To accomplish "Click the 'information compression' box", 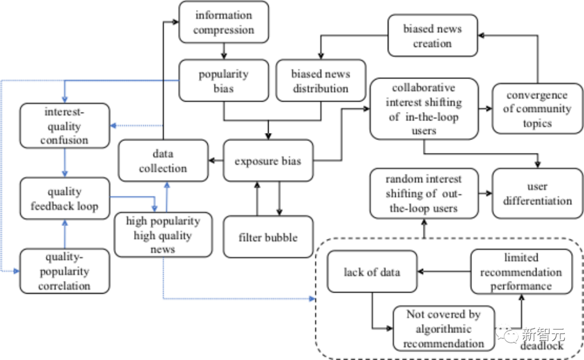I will tap(223, 23).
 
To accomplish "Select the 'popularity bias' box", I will tap(223, 81).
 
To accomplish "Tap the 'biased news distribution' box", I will tap(320, 81).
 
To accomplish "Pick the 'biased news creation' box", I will tap(432, 36).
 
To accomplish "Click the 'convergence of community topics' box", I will tap(536, 109).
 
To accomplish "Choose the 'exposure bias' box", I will tap(268, 161).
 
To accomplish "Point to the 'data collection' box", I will tap(163, 161).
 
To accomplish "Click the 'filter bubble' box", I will tap(268, 237).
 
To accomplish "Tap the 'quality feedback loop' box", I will tap(64, 199).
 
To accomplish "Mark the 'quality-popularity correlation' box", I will tap(64, 271).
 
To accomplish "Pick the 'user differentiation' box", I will tap(537, 194).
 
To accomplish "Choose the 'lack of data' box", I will tap(372, 272).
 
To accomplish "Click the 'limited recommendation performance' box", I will tap(521, 272).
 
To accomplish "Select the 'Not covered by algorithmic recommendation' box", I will tap(443, 329).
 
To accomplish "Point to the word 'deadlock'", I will tap(542, 345).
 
